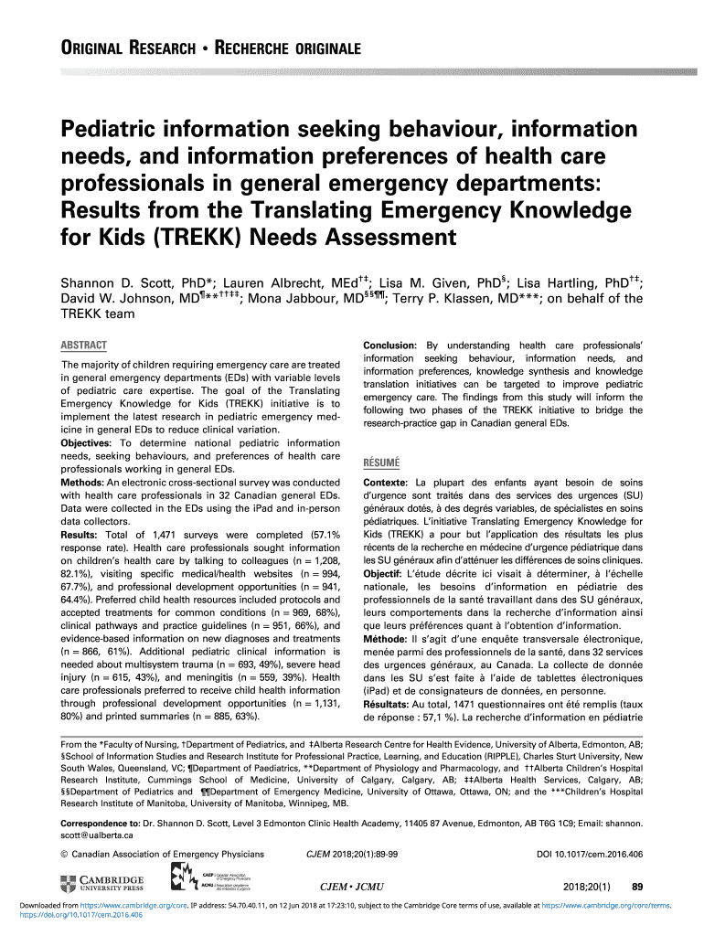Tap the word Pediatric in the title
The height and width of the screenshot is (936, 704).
pyautogui.click(x=114, y=124)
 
